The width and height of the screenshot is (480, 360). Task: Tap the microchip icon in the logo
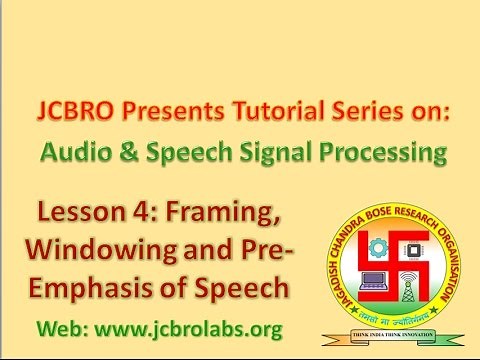[407, 245]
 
